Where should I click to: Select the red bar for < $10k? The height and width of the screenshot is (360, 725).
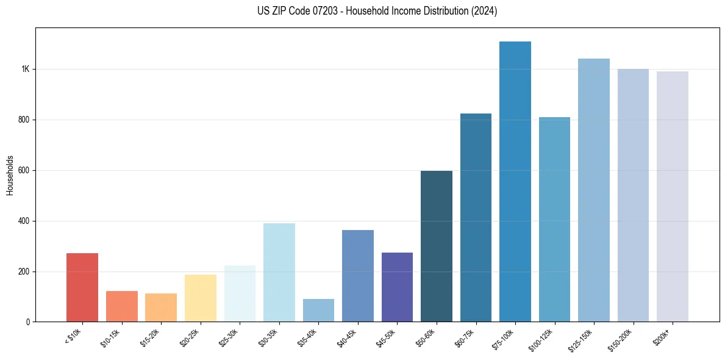click(82, 287)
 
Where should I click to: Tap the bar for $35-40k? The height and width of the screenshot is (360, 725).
click(318, 311)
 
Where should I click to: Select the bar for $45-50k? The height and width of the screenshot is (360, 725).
click(397, 287)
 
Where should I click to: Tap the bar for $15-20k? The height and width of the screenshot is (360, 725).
click(161, 308)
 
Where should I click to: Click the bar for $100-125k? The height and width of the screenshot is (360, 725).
click(554, 220)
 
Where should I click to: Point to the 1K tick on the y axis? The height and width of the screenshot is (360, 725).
click(25, 69)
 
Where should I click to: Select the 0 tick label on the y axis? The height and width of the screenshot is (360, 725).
click(28, 322)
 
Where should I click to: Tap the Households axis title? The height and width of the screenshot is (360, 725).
click(10, 175)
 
